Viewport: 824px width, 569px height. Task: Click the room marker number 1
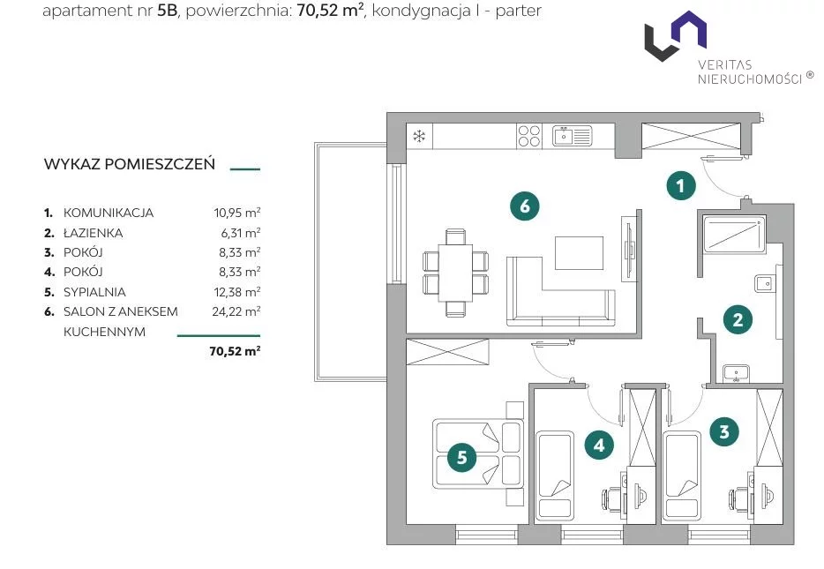680,185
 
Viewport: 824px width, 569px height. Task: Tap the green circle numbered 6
524,206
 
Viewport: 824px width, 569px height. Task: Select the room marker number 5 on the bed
462,457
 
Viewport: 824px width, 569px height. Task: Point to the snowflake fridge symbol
419,137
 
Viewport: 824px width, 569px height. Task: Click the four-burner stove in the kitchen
528,136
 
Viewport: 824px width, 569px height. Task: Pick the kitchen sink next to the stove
573,136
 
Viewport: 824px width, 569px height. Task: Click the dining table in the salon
455,273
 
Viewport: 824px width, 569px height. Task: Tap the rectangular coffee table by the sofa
579,252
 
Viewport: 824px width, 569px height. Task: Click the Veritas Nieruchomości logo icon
676,35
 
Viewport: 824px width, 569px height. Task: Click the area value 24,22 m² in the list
236,311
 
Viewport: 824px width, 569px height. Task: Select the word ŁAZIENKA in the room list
93,233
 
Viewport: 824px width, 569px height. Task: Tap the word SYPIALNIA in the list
94,292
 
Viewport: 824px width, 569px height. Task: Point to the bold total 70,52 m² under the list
235,351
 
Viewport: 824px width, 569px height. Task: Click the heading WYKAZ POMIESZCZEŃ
130,164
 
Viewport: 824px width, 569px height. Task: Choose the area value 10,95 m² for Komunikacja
237,213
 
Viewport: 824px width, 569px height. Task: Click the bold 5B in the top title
167,11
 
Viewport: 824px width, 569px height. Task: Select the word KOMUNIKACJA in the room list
109,213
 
